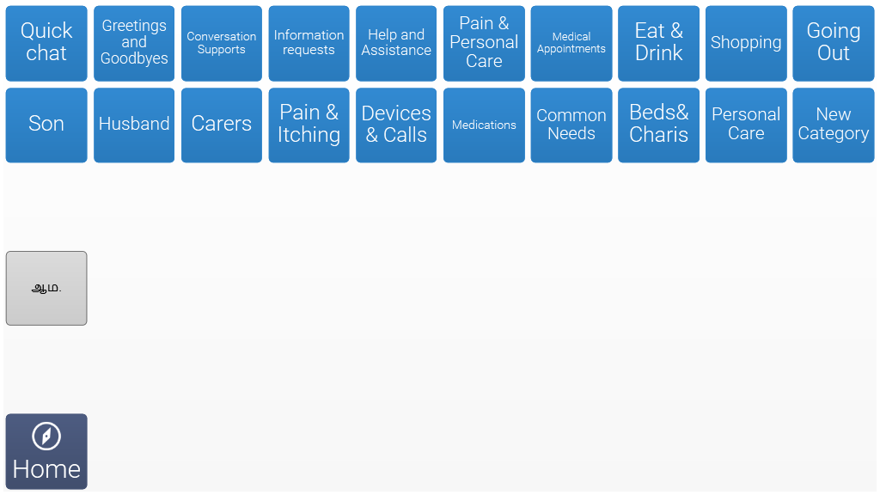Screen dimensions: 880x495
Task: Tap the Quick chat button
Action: [x=46, y=43]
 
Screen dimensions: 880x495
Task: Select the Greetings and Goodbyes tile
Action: [x=134, y=43]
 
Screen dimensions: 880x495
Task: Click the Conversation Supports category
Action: [x=222, y=43]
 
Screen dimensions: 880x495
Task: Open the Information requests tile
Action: [x=309, y=43]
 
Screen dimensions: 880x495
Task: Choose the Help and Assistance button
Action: [x=396, y=43]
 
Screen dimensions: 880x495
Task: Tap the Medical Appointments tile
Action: [x=571, y=43]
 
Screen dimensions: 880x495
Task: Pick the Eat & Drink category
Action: [x=659, y=43]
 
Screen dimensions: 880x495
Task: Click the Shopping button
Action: [x=746, y=43]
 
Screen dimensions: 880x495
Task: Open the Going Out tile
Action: [x=834, y=43]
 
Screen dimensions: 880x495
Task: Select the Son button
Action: [x=46, y=125]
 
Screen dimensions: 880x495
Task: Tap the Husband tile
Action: [x=134, y=125]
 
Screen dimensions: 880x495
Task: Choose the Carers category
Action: [x=222, y=125]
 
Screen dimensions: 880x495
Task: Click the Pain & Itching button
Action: [x=309, y=125]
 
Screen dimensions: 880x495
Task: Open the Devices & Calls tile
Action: [x=396, y=125]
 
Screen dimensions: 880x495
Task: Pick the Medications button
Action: [x=484, y=125]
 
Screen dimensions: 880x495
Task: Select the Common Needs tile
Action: [x=571, y=125]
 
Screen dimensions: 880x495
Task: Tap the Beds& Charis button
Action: [x=659, y=125]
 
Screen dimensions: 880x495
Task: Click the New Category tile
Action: [x=834, y=125]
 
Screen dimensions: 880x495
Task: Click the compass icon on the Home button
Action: [x=46, y=436]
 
